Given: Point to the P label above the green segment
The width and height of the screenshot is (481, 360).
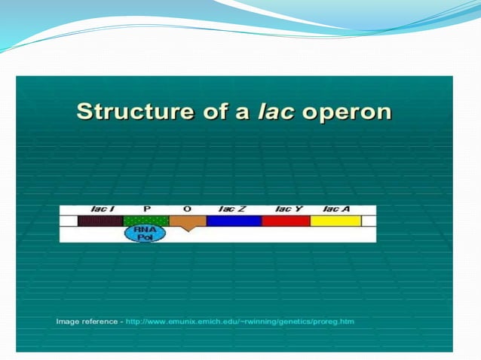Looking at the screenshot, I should (147, 209).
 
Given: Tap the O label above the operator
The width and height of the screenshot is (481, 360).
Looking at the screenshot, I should (187, 209).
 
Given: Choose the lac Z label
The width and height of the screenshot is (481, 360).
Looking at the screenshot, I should (231, 209).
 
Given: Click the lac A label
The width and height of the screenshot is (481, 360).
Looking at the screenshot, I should (335, 209).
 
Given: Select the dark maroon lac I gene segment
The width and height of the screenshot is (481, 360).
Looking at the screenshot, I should (100, 221).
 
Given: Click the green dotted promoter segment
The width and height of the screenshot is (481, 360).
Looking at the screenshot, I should (146, 220).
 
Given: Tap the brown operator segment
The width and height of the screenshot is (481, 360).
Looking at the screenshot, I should (187, 221).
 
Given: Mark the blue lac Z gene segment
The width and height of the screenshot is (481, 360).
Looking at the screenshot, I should (234, 221).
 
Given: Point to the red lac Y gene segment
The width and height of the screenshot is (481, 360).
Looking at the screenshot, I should (286, 221).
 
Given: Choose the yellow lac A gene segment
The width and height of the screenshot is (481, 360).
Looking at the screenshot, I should (335, 221).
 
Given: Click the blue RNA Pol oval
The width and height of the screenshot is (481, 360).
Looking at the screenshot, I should (145, 233).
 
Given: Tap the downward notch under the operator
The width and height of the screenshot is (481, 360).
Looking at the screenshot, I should (187, 229).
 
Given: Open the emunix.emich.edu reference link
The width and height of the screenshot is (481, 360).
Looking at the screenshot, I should (239, 322).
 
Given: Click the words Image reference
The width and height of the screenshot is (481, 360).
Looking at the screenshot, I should (85, 322).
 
